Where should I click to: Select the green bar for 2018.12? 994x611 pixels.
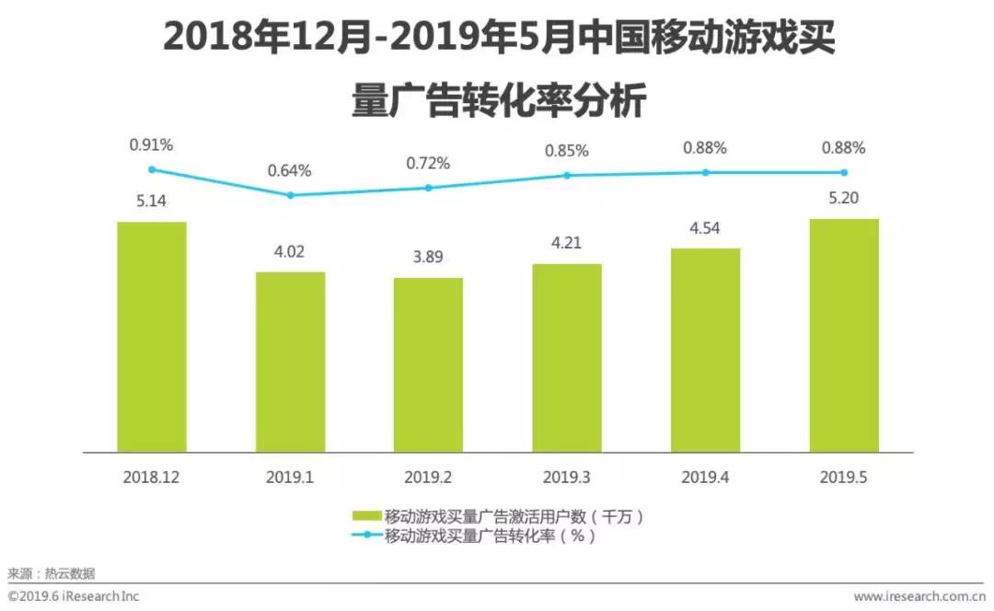tap(152, 337)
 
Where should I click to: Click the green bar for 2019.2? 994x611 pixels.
tap(428, 364)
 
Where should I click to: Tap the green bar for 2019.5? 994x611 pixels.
tap(843, 335)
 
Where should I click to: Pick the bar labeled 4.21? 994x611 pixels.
tap(566, 358)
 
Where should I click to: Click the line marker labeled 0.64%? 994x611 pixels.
tap(290, 195)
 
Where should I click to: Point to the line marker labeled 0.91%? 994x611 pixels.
tap(152, 169)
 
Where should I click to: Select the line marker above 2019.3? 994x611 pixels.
tap(567, 175)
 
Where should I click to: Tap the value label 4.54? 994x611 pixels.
tap(705, 225)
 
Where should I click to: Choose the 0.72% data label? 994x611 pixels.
tap(428, 164)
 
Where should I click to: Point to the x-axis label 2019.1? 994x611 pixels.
tap(290, 478)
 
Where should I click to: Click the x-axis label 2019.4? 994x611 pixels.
tap(705, 478)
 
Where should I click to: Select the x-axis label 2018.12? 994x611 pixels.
tap(152, 478)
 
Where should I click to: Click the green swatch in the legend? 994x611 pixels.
tap(366, 516)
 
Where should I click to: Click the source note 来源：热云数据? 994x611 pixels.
tap(52, 573)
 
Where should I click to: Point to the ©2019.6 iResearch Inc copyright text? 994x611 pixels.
tap(74, 596)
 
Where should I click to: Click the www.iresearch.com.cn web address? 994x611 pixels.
tap(919, 596)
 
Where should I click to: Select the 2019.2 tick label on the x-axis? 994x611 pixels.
tap(428, 478)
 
